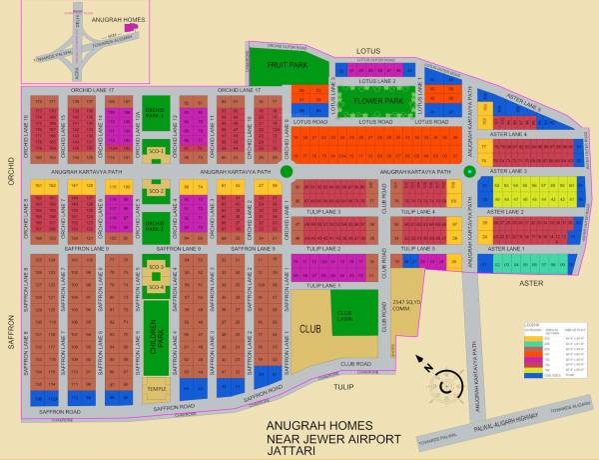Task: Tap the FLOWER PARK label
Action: click(x=367, y=101)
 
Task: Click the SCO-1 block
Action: click(x=155, y=151)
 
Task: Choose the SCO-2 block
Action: click(x=155, y=190)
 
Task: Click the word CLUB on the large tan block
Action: click(x=308, y=328)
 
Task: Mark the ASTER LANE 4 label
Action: click(x=510, y=134)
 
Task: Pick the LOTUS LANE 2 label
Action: click(x=372, y=80)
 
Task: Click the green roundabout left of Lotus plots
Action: click(x=287, y=172)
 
